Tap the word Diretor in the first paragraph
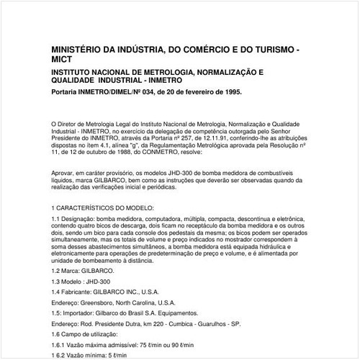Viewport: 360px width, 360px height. pyautogui.click(x=73, y=124)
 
